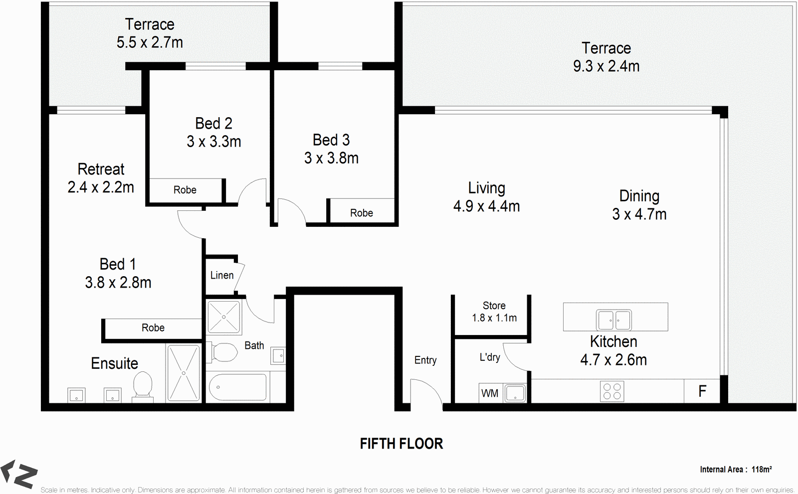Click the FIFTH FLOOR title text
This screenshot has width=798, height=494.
[x=401, y=444]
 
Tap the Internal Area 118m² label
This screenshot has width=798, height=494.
[x=736, y=469]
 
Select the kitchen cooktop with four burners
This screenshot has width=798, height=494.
[x=612, y=391]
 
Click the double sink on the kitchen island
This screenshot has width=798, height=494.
[x=614, y=320]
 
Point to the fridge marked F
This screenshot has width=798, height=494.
[x=702, y=391]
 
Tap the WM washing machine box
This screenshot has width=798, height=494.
[x=490, y=393]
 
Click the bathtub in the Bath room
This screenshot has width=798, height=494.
[x=237, y=387]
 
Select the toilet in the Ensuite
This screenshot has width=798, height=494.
[x=143, y=385]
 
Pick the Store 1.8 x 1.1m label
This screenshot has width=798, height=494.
[x=494, y=312]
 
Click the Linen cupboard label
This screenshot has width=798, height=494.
[x=221, y=275]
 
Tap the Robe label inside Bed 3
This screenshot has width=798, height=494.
[x=361, y=213]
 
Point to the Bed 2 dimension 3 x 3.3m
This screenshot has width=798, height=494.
[x=214, y=142]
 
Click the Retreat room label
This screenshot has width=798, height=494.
[x=101, y=169]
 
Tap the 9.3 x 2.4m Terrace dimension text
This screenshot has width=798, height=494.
[x=606, y=66]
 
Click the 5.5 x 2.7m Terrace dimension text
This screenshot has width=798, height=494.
[x=150, y=42]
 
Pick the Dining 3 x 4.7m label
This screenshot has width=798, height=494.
[x=639, y=205]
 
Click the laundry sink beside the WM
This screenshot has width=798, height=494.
[x=515, y=393]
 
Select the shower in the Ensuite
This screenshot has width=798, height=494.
[x=184, y=373]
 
